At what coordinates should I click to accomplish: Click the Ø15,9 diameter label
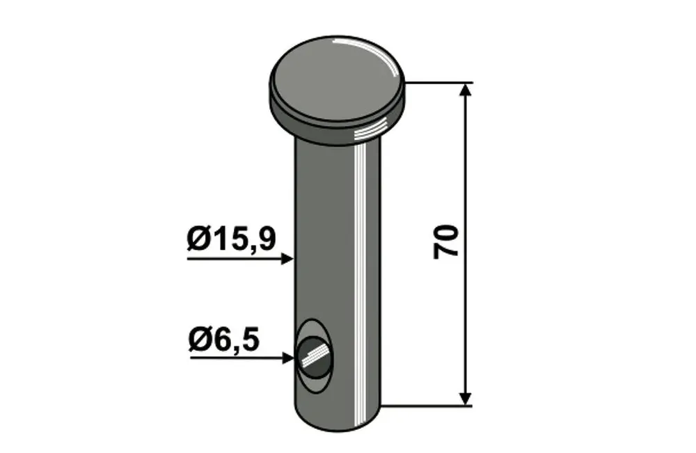pos(231,239)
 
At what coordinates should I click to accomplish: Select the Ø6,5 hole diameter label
pos(224,341)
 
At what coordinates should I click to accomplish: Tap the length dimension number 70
pos(446,241)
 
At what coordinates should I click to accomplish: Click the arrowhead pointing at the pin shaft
pos(287,259)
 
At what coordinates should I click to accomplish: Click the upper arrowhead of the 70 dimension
pos(465,89)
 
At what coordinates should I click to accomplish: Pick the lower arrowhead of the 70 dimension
pos(465,399)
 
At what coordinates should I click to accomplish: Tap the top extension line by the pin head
pos(438,83)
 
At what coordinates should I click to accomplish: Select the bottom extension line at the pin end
pos(427,406)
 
